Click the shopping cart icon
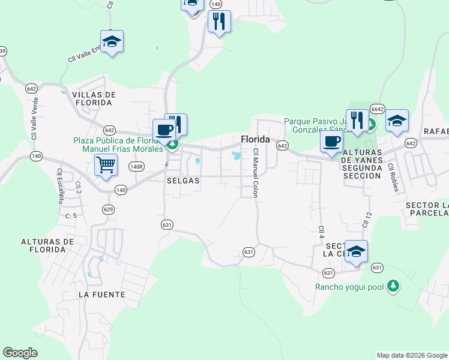tap(106, 164)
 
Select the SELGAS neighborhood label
tap(182, 180)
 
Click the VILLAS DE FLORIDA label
tap(92, 99)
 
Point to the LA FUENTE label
tap(101, 295)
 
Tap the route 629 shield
tap(108, 209)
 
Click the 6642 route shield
tap(377, 109)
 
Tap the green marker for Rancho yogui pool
tap(393, 286)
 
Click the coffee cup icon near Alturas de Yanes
tap(331, 142)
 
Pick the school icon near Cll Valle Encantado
tap(112, 41)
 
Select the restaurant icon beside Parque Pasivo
tap(357, 120)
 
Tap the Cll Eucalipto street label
tap(60, 185)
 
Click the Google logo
tap(20, 353)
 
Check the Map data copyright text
tap(411, 355)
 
